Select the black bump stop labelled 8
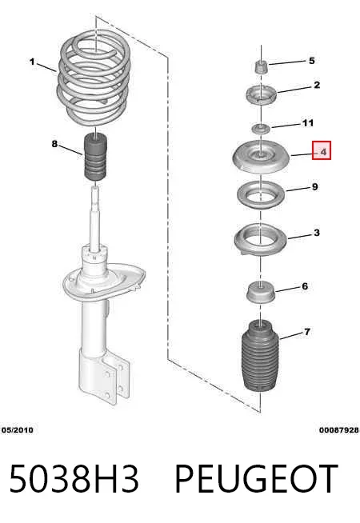tap(94, 157)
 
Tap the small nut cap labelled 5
tap(262, 67)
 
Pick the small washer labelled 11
tap(261, 129)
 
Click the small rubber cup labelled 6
tap(261, 292)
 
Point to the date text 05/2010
tap(18, 430)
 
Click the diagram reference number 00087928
tap(339, 430)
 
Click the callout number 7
tap(307, 332)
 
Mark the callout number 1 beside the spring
tap(32, 62)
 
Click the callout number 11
tap(308, 123)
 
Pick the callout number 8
tap(54, 144)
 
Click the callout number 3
tap(317, 233)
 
